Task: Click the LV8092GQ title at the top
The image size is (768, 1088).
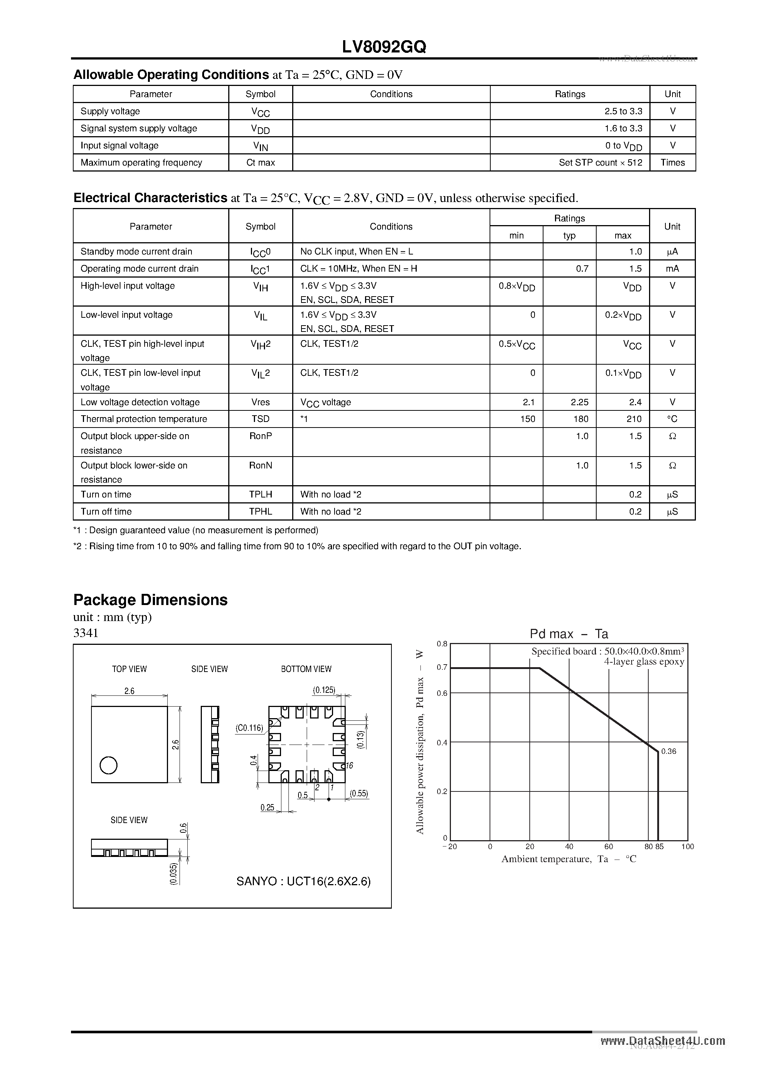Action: pos(384,47)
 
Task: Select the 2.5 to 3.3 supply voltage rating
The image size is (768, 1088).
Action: pos(623,111)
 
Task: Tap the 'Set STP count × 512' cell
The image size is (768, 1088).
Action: pos(600,163)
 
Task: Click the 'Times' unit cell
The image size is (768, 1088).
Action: pos(672,163)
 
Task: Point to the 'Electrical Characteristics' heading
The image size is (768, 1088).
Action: pos(150,198)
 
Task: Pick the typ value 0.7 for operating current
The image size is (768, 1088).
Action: pos(582,269)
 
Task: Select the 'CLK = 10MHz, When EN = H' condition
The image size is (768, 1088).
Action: pos(358,269)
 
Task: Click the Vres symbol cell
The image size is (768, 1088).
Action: pos(261,402)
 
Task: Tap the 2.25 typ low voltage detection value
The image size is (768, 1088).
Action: pos(580,402)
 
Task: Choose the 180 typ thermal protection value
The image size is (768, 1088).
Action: pos(581,419)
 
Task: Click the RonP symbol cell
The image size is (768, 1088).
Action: pos(261,436)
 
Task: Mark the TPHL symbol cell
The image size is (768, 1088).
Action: pos(261,512)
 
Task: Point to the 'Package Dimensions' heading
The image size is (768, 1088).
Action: pos(150,600)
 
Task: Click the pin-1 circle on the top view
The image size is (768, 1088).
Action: pos(109,765)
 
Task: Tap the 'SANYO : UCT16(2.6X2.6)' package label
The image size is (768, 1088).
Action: pos(303,881)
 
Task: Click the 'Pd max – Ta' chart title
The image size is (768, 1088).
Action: pos(569,634)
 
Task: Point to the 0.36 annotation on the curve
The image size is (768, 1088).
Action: pos(669,752)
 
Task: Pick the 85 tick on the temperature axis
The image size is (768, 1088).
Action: pos(659,847)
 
